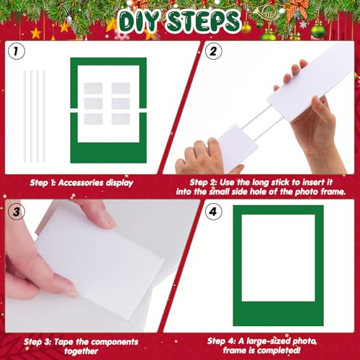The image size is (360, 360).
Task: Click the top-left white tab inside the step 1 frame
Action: click(x=94, y=89)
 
